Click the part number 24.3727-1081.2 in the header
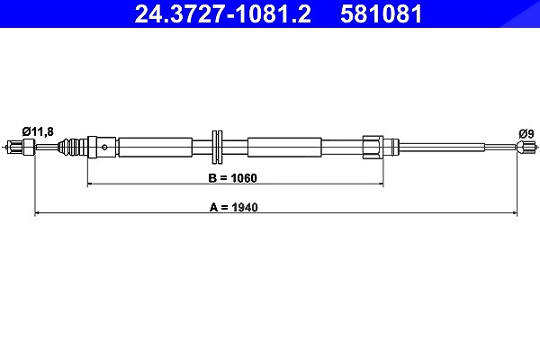tap(223, 14)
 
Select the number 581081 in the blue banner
tap(381, 14)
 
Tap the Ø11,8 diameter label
tap(38, 131)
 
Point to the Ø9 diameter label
tap(526, 134)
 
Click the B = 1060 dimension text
tap(232, 178)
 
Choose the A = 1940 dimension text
tap(233, 207)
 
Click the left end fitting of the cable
tap(21, 147)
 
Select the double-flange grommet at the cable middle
tap(217, 147)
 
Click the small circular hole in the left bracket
tap(104, 148)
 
